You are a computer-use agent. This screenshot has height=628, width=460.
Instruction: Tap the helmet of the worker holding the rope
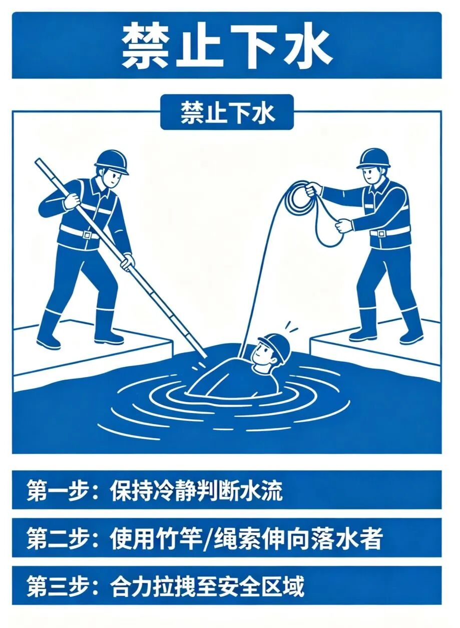point(373,158)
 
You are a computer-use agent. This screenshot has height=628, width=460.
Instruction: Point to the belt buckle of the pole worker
point(87,234)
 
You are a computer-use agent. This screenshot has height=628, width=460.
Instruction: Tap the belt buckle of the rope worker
point(381,233)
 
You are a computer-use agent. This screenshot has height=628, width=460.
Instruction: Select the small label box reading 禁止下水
point(227,112)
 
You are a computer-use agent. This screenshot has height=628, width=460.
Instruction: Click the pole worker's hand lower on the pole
point(128,261)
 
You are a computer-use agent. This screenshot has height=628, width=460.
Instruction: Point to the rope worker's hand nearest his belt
point(343,225)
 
